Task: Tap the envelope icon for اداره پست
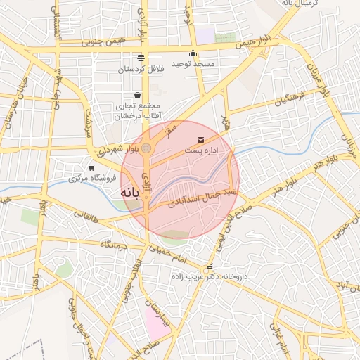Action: tap(202, 140)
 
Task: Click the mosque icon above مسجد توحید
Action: tap(193, 53)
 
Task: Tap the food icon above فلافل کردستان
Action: tap(141, 58)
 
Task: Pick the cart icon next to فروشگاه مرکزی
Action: tap(91, 167)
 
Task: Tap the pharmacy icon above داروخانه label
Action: tap(209, 268)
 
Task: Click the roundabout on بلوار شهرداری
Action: tap(146, 148)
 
